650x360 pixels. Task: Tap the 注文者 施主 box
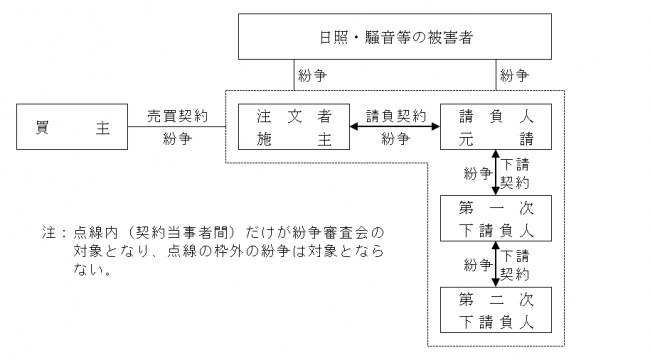[286, 126]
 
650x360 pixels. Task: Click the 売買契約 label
[177, 115]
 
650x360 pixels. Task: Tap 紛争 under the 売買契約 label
[177, 139]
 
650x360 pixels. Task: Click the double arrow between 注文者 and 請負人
[394, 127]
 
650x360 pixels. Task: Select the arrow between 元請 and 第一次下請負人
[496, 173]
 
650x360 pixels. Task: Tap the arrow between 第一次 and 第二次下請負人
[496, 265]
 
